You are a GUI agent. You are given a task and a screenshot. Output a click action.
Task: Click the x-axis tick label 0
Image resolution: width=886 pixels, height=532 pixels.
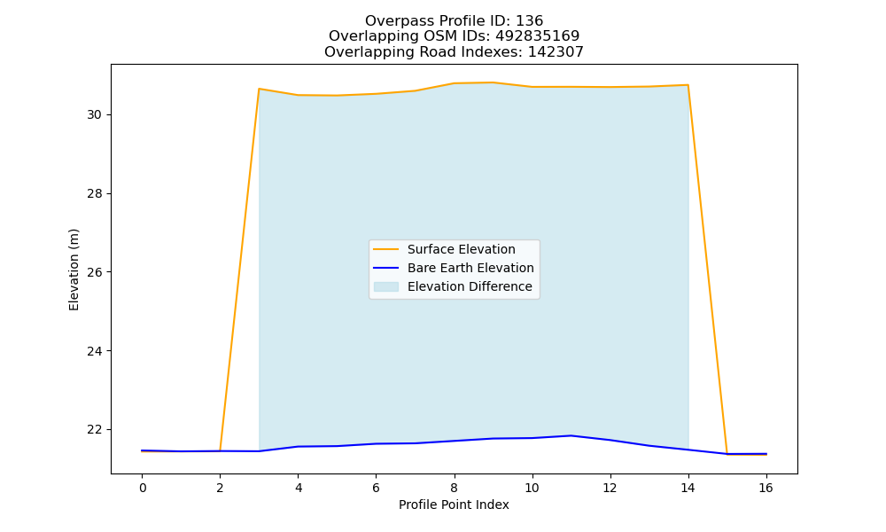(x=143, y=488)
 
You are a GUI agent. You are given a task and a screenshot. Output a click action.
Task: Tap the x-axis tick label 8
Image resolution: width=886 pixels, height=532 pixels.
(x=454, y=488)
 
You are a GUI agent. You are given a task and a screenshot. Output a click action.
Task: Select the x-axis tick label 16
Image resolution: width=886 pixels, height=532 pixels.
(x=766, y=488)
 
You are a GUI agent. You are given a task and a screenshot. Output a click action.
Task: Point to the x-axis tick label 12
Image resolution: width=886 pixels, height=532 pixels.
(x=610, y=488)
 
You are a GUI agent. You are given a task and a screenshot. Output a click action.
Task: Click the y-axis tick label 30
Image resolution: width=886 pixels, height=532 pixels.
(x=95, y=114)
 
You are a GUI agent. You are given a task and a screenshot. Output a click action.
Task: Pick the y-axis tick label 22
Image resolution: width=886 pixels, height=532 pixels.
(x=95, y=430)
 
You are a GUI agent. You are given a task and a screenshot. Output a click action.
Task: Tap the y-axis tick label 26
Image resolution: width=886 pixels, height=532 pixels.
(x=95, y=272)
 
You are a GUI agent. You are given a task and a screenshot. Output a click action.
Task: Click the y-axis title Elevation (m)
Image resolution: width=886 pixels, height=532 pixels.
(x=74, y=270)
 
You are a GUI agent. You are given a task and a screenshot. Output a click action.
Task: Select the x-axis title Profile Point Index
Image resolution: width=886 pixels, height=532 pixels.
(x=454, y=505)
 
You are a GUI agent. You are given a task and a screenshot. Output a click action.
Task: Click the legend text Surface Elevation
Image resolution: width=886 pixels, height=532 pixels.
(x=461, y=249)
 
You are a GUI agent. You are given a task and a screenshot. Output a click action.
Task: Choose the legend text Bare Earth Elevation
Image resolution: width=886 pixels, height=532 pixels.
(x=470, y=268)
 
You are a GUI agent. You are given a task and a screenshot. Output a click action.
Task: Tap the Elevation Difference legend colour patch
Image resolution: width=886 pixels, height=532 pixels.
(x=386, y=286)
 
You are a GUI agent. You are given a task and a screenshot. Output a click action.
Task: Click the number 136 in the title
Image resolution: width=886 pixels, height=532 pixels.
(x=529, y=21)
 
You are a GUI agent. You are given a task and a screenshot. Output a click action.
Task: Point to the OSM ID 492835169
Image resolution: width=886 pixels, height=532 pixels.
(x=538, y=36)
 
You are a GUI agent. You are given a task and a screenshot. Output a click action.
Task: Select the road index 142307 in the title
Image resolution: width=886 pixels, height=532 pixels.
(x=556, y=52)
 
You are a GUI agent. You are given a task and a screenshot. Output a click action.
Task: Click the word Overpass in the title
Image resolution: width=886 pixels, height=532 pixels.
(x=392, y=21)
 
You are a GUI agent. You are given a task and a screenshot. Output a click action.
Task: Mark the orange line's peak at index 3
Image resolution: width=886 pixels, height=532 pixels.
(x=259, y=89)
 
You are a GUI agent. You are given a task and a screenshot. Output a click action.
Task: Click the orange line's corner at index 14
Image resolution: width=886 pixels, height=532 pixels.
(x=688, y=85)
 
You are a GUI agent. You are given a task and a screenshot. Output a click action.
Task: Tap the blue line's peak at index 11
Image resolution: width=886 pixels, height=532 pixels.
(x=571, y=435)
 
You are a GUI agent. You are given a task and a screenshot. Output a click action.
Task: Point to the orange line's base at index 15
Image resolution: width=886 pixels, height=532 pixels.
(x=727, y=454)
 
